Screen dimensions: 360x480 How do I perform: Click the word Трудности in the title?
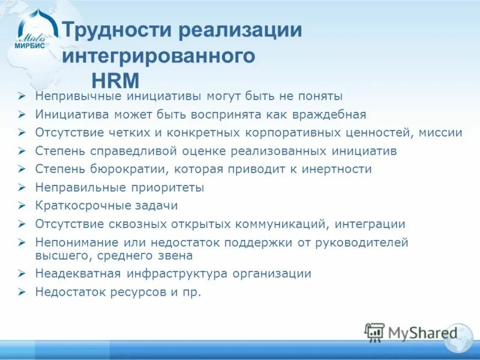coord(119,31)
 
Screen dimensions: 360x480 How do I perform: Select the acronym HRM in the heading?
coord(115,79)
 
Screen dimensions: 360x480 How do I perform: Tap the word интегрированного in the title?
coord(159,56)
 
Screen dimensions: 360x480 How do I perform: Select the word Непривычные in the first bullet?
coord(79,95)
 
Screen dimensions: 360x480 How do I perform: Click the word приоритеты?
coord(172,188)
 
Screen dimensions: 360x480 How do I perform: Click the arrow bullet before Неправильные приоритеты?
coord(22,188)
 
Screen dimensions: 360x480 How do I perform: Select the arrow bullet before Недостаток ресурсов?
coord(22,292)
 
